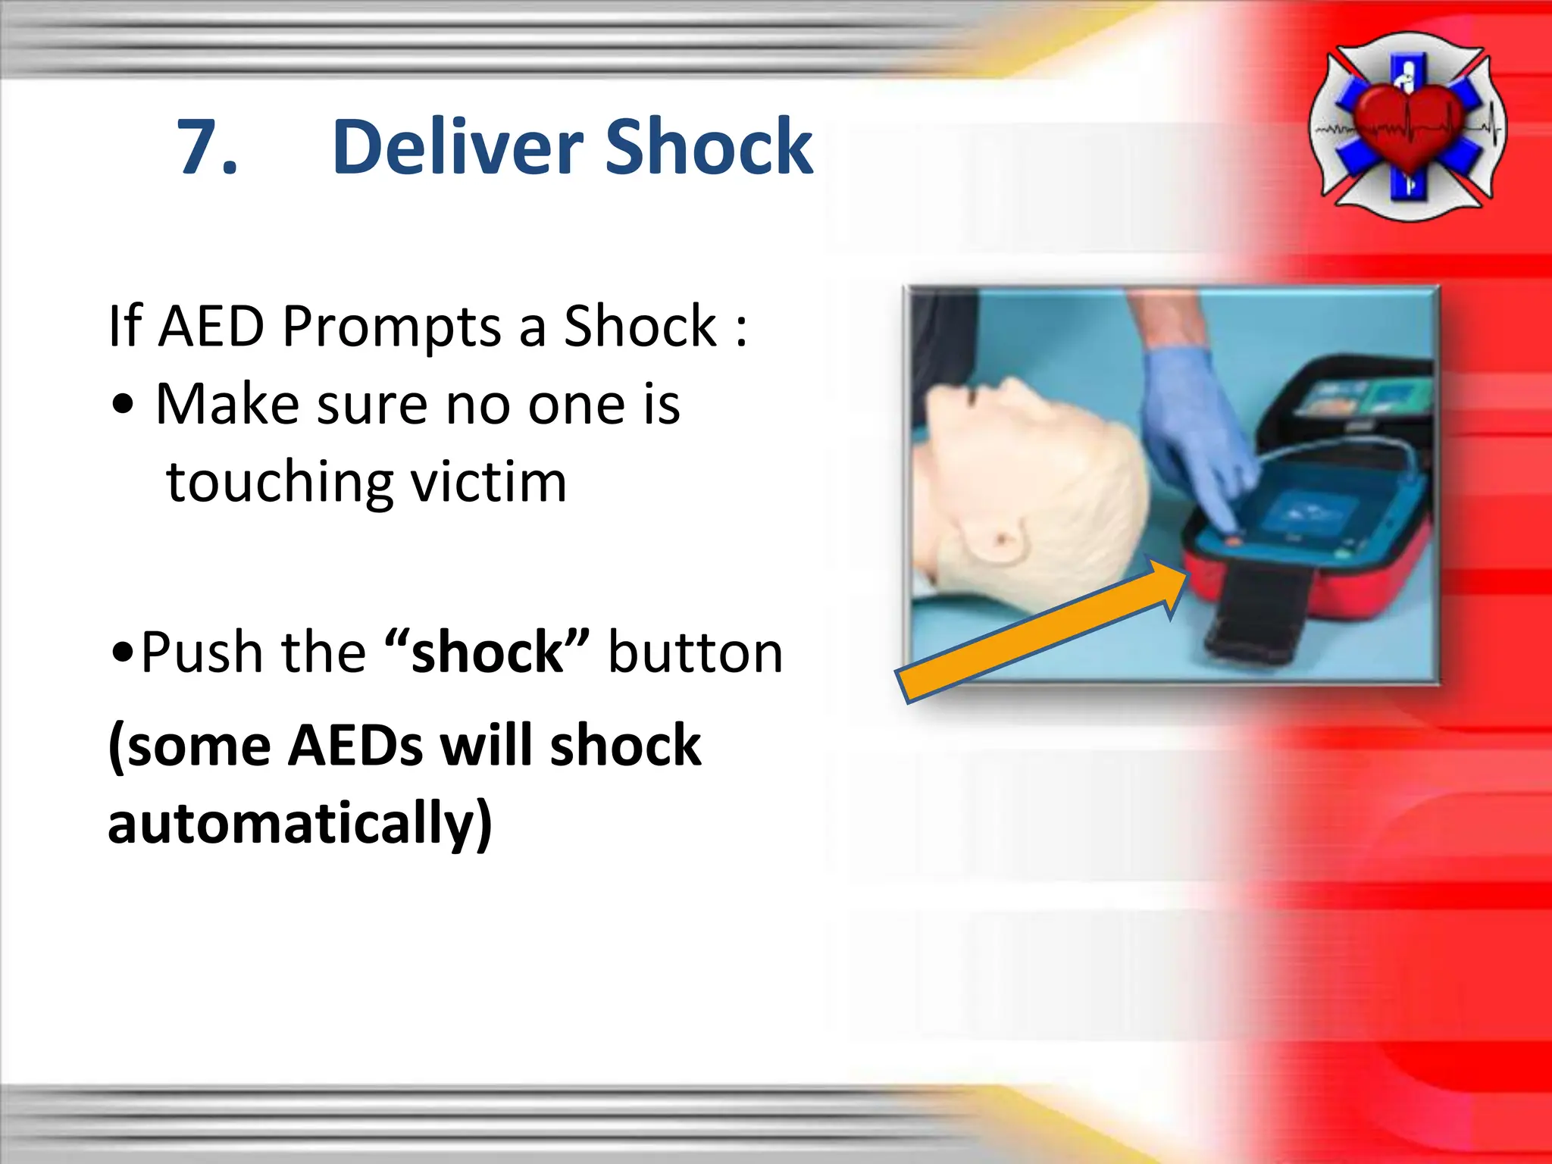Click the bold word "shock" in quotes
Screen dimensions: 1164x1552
coord(487,652)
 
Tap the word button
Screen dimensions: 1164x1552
coord(696,652)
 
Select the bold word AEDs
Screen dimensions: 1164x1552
coord(355,746)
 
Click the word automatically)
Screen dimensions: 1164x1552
coord(300,824)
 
